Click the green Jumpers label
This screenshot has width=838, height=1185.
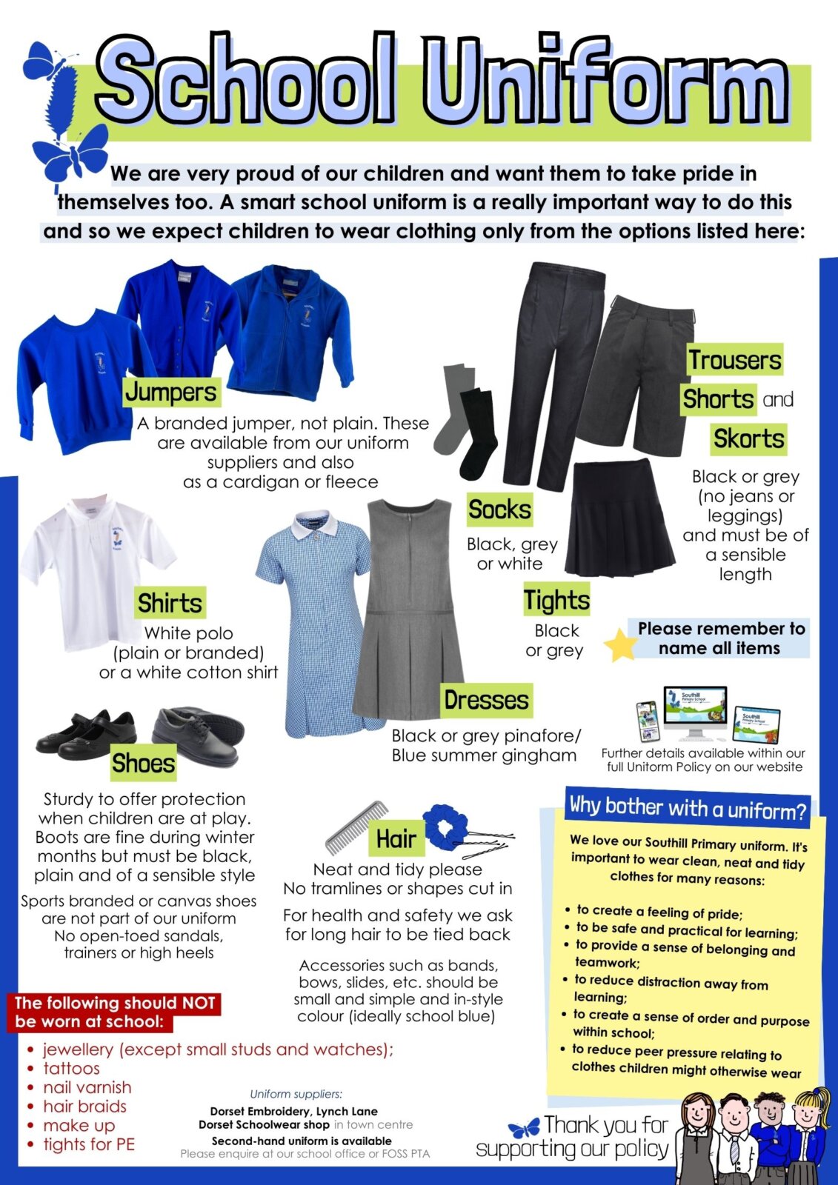coord(171,392)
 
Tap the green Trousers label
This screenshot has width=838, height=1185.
coord(734,360)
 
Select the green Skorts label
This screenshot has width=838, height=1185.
coord(748,438)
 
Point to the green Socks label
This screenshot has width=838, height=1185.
coord(499,510)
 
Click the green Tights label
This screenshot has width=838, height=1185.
coord(556,600)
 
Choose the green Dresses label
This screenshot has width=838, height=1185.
coord(486,700)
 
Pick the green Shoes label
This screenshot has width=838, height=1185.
coord(143,763)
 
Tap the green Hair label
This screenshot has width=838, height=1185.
coord(396,839)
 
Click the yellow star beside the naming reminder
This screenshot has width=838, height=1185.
coord(620,644)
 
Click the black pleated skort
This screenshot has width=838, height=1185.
coord(619,518)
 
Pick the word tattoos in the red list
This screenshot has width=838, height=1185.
coord(71,1068)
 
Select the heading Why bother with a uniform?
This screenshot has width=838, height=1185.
coord(687,807)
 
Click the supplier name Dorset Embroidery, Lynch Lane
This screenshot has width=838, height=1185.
coord(293,1111)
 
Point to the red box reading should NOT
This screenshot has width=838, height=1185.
coord(115,1012)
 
